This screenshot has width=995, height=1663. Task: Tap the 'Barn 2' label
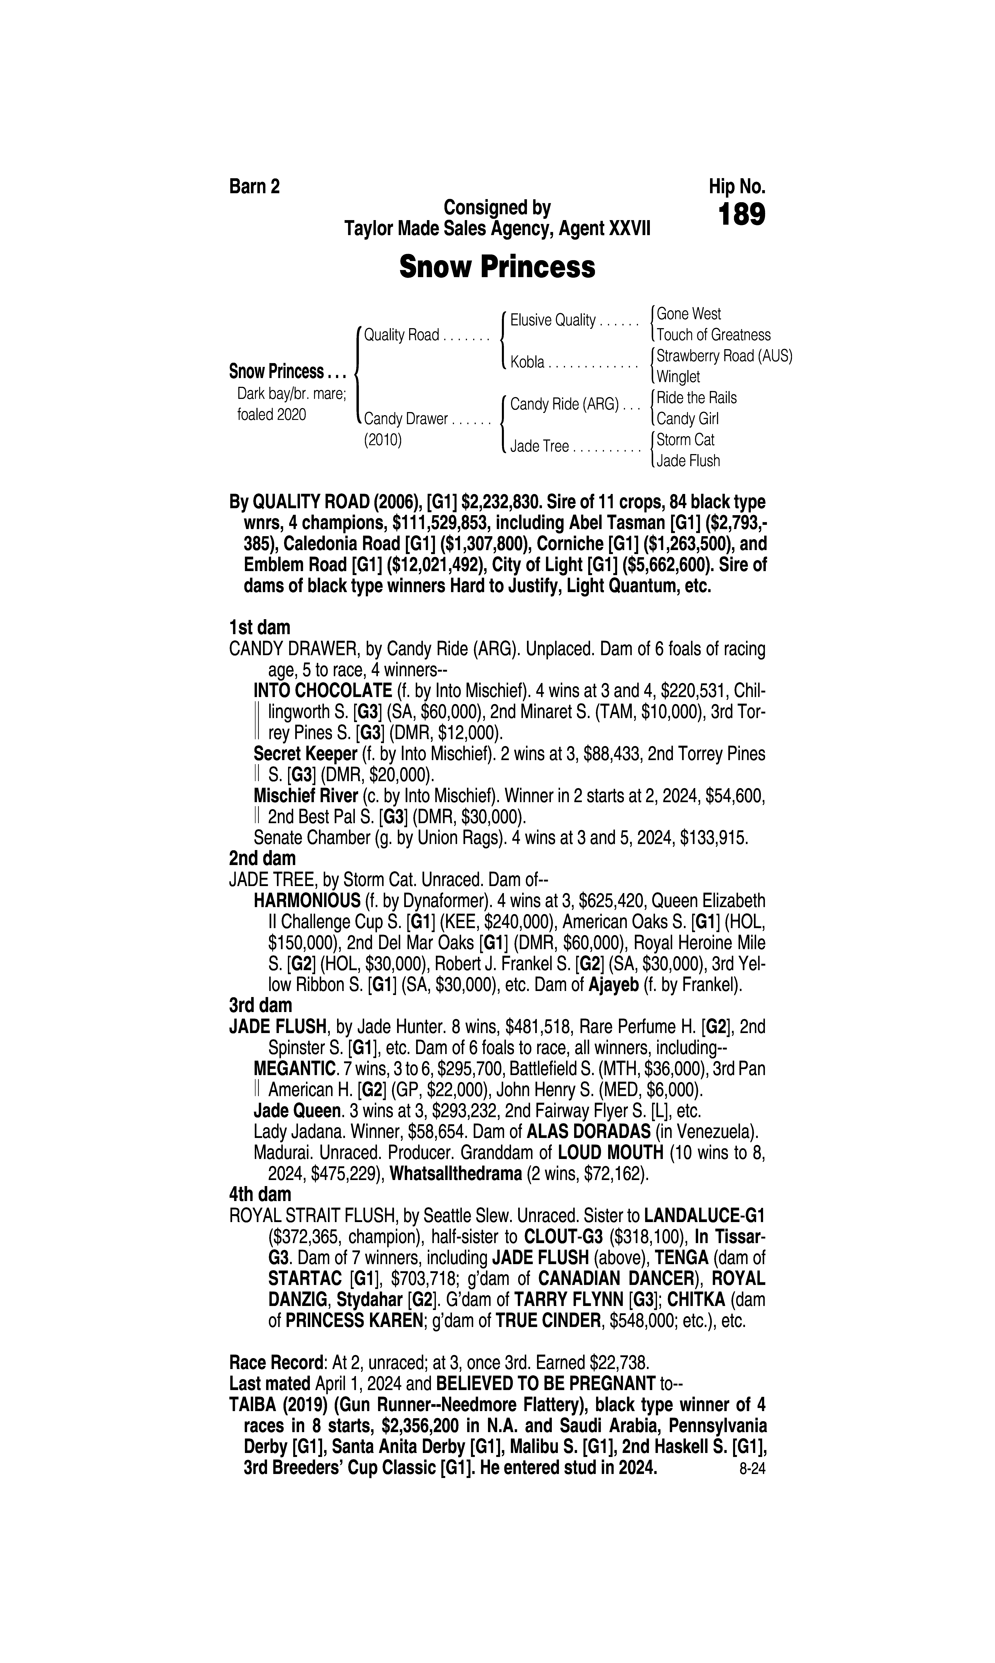tap(254, 186)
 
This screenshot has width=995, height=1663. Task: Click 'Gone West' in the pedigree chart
tap(689, 314)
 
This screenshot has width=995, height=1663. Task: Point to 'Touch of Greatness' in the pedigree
tap(713, 335)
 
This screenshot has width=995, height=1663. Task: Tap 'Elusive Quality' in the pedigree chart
tap(553, 320)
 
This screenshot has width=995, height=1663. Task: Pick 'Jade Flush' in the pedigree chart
tap(688, 461)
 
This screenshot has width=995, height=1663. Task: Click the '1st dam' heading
tap(260, 628)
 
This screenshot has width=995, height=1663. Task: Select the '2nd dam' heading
tap(262, 858)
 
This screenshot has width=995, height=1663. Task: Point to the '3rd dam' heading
tap(261, 1005)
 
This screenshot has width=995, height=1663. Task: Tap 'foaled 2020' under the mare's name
tap(272, 415)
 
